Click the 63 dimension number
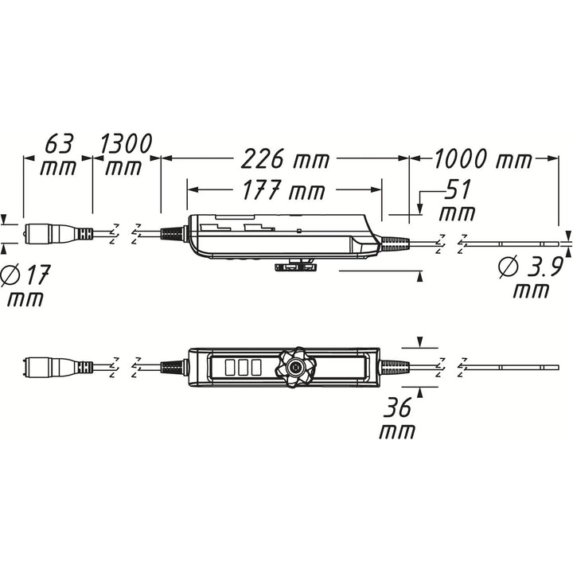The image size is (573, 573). pos(60,144)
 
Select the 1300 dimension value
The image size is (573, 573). pos(127,144)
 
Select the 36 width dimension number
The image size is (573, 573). pos(396,408)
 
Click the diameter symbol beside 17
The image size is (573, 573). pos(11,275)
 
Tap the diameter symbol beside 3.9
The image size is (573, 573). pos(507,267)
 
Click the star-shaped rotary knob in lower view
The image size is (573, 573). pos(296,368)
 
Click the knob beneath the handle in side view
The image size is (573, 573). pos(294,267)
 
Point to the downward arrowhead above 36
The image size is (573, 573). pos(420,343)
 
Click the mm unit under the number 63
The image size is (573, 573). pos(60,168)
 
